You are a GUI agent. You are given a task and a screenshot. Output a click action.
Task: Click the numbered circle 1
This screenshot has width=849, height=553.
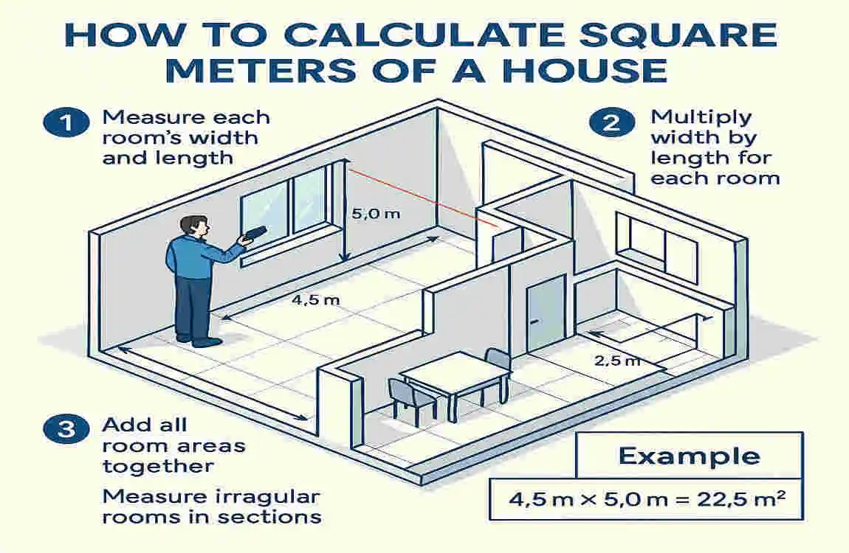[x=66, y=122]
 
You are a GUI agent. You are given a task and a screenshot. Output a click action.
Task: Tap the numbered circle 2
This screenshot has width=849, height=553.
[x=612, y=122]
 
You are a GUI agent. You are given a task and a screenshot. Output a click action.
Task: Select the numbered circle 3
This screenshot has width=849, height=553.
[x=66, y=429]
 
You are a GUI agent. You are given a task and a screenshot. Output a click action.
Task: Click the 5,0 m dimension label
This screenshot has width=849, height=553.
[x=376, y=214]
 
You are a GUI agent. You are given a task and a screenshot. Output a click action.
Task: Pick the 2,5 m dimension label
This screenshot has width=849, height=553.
[x=617, y=360]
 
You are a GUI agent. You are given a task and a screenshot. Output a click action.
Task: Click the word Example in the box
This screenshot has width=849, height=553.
[x=690, y=456]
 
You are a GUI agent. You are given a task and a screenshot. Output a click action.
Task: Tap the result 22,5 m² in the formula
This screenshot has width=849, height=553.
[x=741, y=498]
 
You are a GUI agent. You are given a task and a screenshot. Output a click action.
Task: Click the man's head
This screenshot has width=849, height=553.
[x=194, y=227]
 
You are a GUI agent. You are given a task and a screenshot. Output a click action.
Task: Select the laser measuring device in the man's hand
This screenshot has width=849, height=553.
[x=254, y=233]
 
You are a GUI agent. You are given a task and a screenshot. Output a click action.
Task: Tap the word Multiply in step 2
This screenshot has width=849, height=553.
[x=701, y=119]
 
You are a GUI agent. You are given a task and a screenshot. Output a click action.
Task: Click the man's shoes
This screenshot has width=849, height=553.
[x=199, y=341]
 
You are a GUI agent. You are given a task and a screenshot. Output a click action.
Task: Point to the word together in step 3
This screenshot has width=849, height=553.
[x=158, y=467]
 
